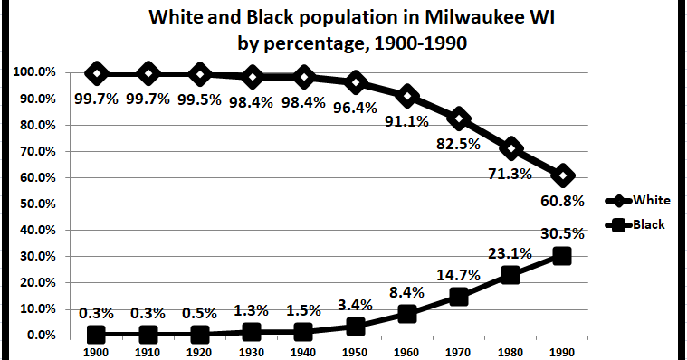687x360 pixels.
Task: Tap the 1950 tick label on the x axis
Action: point(355,352)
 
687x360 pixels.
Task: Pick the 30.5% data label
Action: point(563,232)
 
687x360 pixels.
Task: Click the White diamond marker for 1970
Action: point(459,118)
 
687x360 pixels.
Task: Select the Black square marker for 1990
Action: point(562,256)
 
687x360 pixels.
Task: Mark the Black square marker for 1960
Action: point(407,314)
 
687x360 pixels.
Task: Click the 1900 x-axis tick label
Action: point(97,352)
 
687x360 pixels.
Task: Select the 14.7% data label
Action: point(459,274)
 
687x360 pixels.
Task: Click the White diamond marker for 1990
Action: point(562,175)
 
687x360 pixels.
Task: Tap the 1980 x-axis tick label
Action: point(510,352)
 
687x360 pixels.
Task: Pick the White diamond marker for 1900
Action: point(97,73)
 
